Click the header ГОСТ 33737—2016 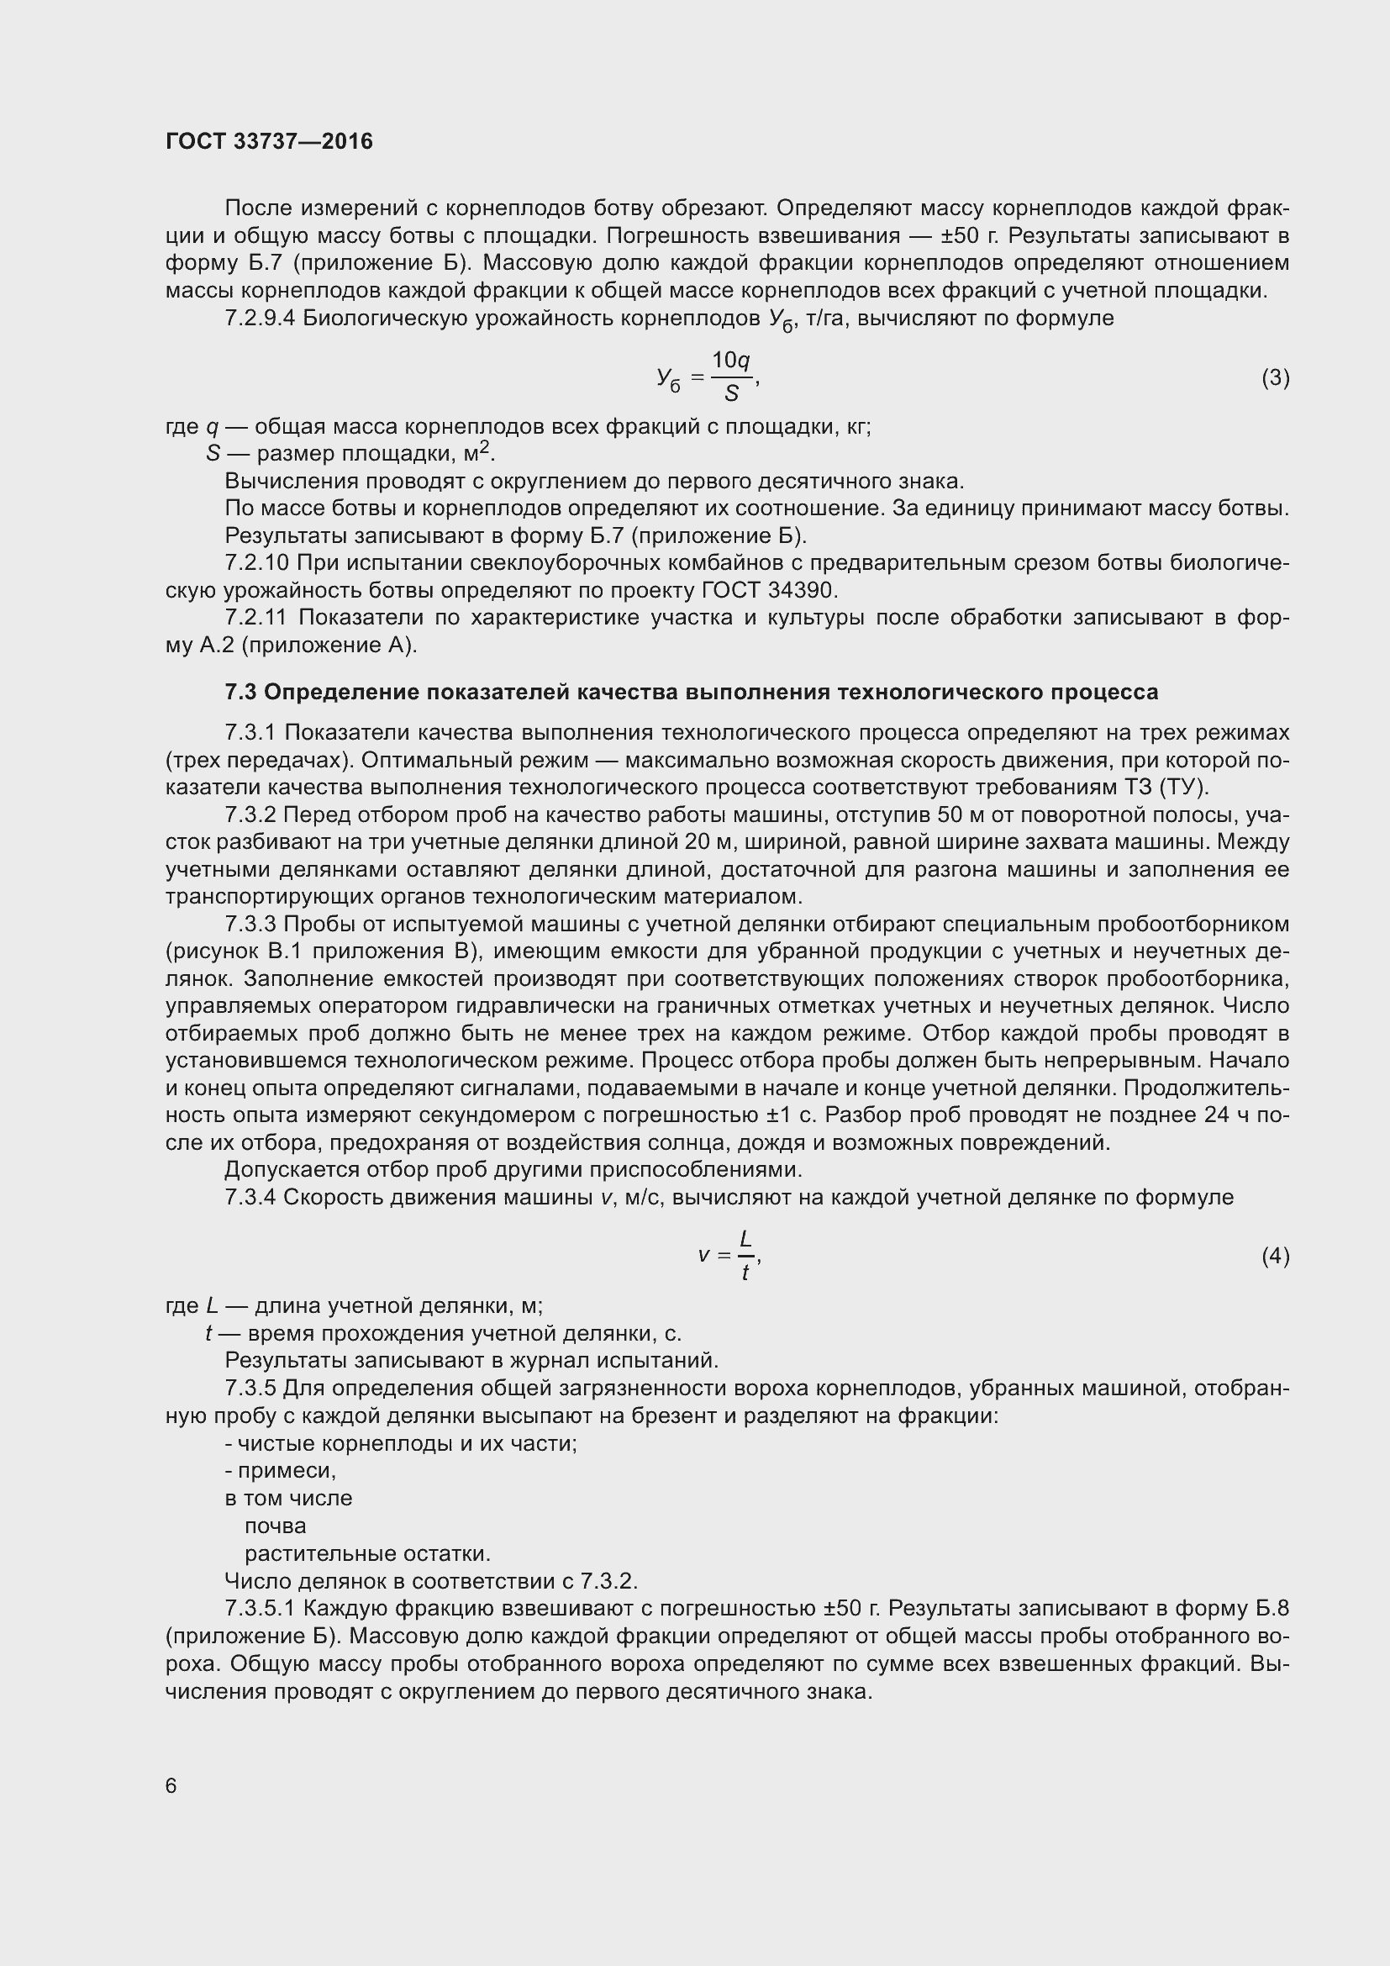pos(269,141)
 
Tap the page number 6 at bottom pos(171,1785)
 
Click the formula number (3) pos(1276,377)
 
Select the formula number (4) pos(1276,1256)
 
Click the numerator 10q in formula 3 pos(731,361)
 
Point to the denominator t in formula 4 pos(745,1274)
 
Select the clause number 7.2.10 pos(256,563)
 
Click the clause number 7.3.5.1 pos(261,1608)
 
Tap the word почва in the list pos(275,1526)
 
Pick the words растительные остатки pos(366,1553)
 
